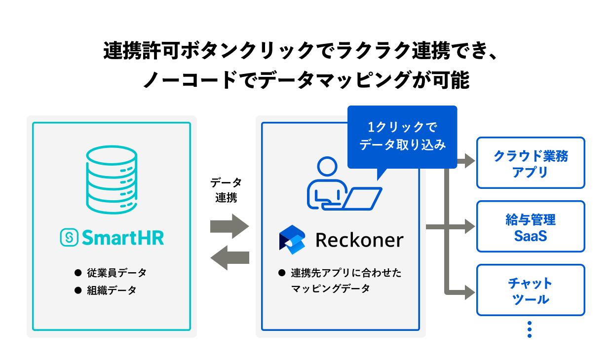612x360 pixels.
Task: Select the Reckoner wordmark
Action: coord(359,240)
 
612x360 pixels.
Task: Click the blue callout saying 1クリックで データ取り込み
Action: coord(402,136)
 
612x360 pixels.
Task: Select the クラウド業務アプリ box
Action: coord(531,163)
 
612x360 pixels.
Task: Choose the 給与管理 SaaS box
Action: coord(531,226)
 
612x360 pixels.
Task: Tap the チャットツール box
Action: coord(531,290)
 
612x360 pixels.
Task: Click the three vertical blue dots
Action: coord(530,329)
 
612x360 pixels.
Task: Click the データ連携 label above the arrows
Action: coord(226,190)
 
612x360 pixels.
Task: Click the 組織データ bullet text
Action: coord(112,290)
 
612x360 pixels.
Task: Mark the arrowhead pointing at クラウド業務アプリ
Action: coord(469,161)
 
